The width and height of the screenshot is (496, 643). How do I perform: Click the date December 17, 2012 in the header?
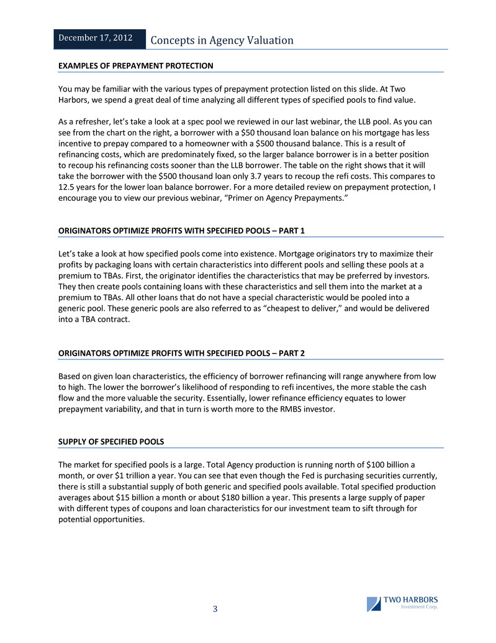click(x=96, y=38)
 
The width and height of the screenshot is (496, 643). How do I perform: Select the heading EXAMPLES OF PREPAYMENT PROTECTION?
click(x=135, y=65)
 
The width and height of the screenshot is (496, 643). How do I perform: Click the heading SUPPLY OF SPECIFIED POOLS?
click(x=111, y=442)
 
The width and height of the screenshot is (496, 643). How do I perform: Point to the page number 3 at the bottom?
click(x=215, y=609)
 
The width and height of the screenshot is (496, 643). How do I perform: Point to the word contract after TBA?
click(x=117, y=320)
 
